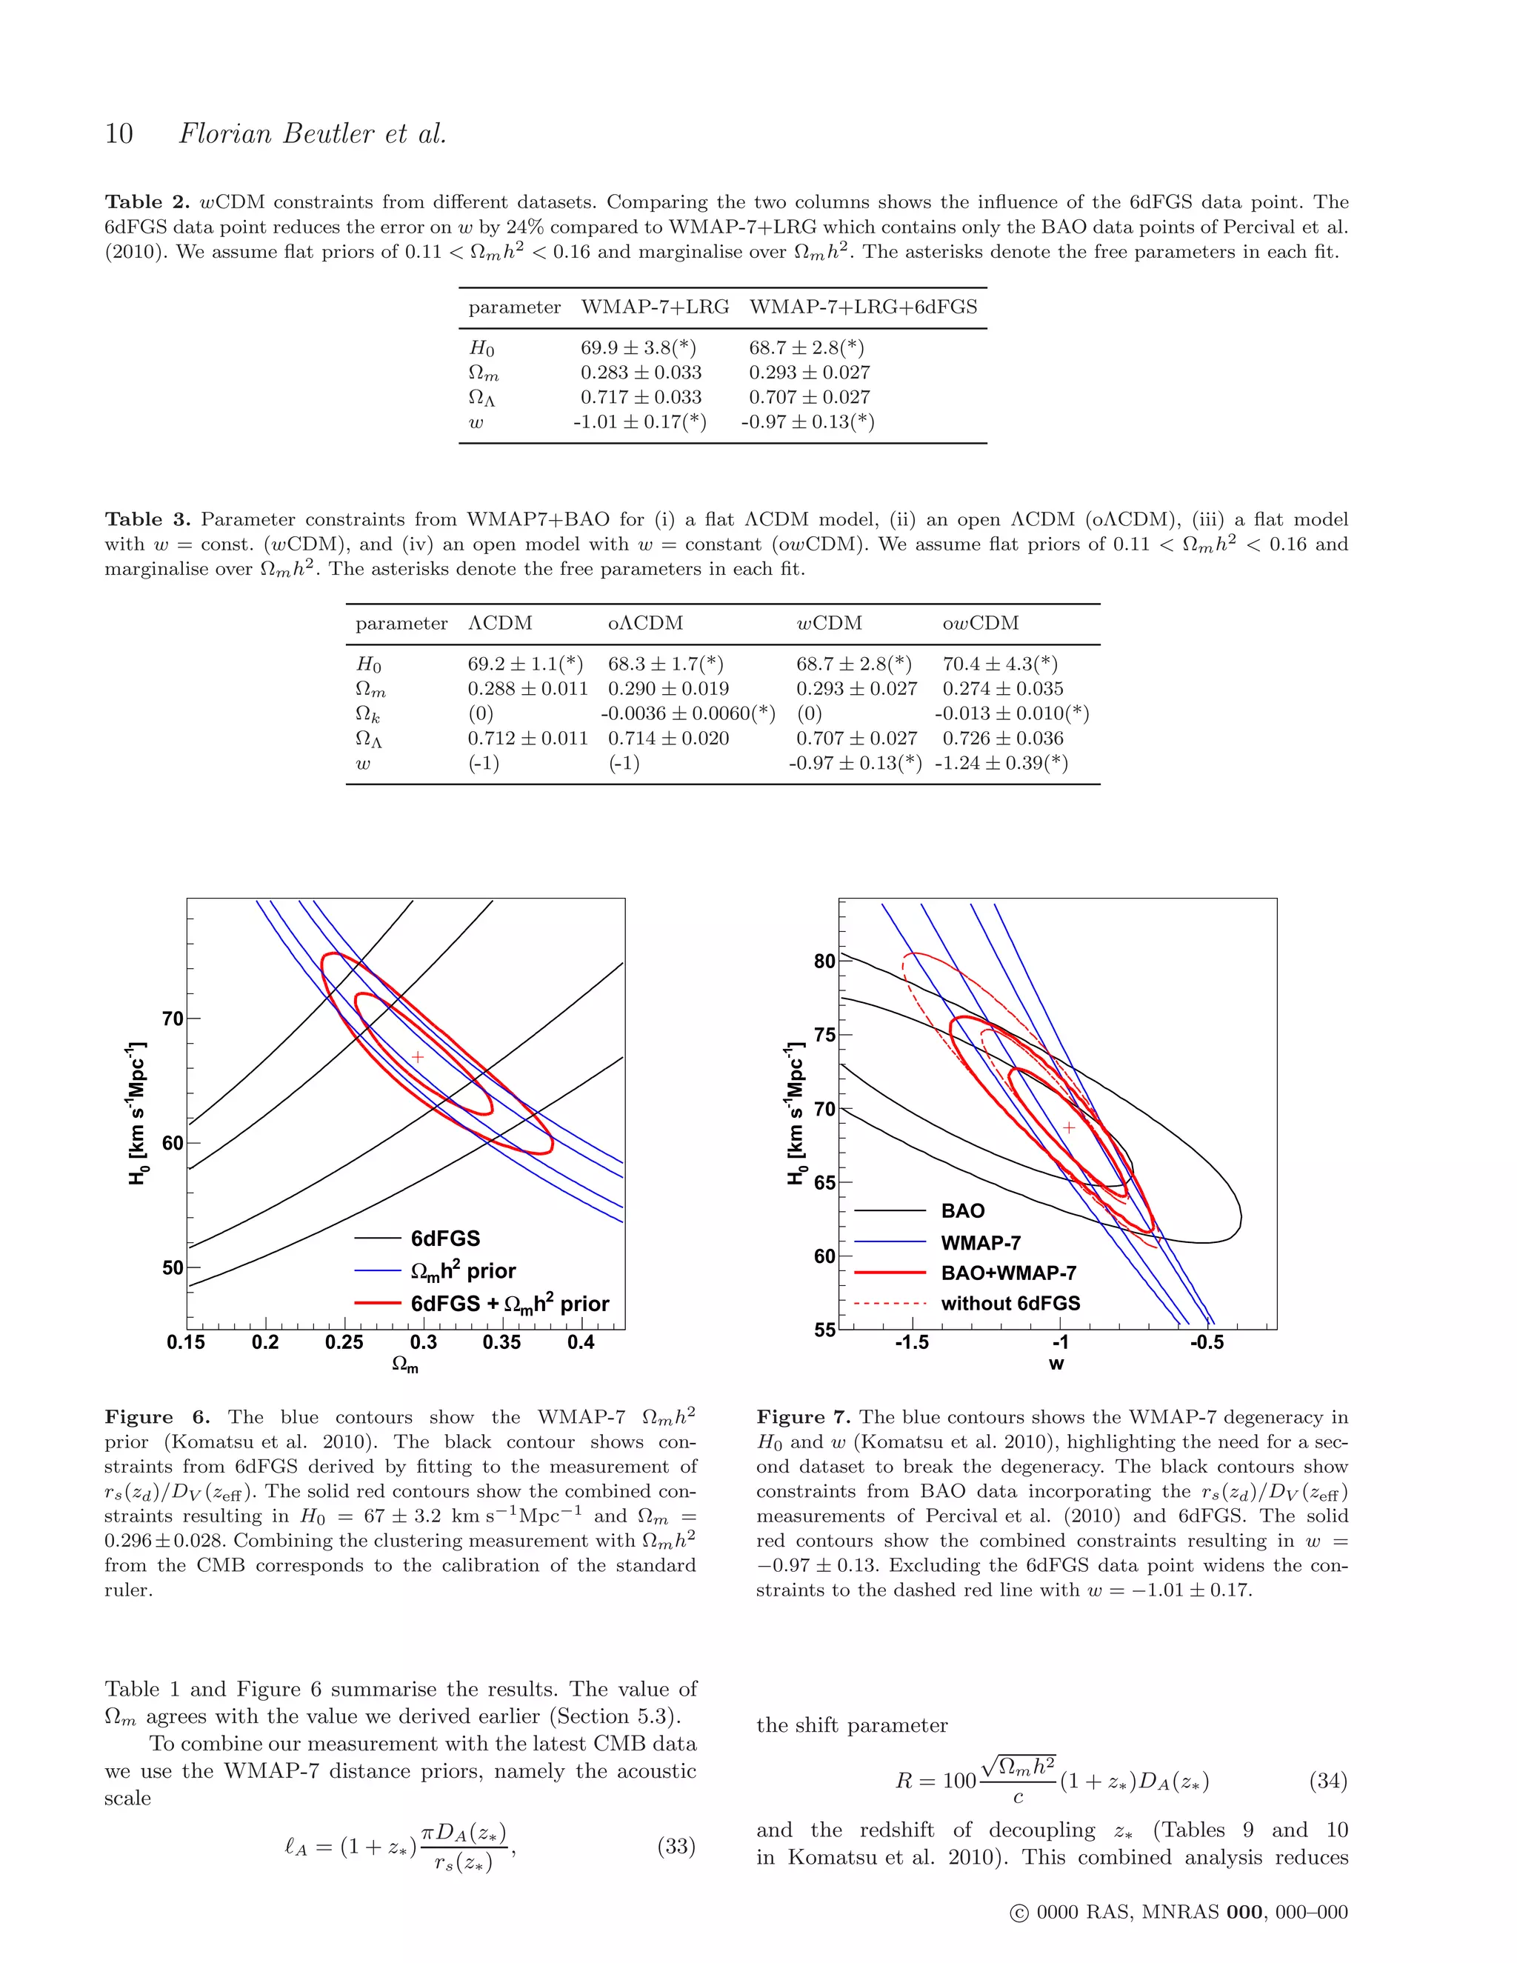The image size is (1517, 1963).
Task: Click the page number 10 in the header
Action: [x=119, y=134]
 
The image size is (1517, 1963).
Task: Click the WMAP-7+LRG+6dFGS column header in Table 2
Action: [x=863, y=307]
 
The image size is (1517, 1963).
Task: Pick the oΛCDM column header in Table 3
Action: [x=645, y=624]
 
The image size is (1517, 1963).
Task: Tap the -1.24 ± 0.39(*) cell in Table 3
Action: [x=1001, y=763]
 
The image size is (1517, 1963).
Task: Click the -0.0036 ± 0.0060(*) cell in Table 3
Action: [x=687, y=713]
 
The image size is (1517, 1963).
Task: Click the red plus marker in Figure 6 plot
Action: [x=418, y=1057]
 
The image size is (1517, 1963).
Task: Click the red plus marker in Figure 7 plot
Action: [x=1069, y=1127]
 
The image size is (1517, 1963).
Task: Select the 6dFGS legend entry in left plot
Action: [x=445, y=1239]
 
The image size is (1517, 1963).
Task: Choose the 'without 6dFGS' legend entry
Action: [x=1010, y=1303]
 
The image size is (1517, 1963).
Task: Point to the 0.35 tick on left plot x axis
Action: [x=501, y=1343]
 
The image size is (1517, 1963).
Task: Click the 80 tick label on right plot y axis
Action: [x=824, y=961]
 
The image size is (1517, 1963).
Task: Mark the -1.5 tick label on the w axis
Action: [x=911, y=1343]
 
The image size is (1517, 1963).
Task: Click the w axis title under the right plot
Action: [x=1057, y=1364]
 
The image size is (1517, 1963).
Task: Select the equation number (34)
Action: [x=1328, y=1781]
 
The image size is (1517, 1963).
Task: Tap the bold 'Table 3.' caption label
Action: [x=147, y=519]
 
